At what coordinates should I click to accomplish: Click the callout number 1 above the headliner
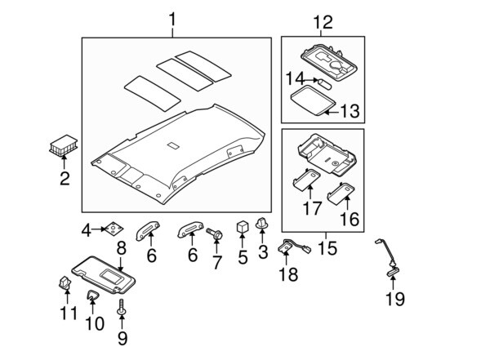tap(172, 20)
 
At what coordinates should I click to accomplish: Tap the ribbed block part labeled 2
tap(64, 145)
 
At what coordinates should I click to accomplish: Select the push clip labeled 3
tap(261, 224)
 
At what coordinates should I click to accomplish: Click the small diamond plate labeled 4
tap(114, 229)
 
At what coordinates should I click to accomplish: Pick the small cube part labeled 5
tap(243, 226)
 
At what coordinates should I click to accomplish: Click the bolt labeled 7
tap(215, 234)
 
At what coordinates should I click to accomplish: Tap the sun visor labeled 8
tap(104, 275)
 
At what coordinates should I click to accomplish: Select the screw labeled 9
tap(121, 307)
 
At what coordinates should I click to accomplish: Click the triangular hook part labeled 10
tap(91, 296)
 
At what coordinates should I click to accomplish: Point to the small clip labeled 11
tap(65, 282)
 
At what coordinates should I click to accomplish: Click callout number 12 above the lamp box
tap(323, 22)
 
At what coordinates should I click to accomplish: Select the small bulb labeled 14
tap(324, 84)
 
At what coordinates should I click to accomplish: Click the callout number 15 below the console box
tap(327, 248)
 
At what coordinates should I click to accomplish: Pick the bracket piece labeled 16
tap(341, 193)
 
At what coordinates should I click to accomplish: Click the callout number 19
tap(395, 299)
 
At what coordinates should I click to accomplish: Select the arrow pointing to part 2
tap(64, 162)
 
